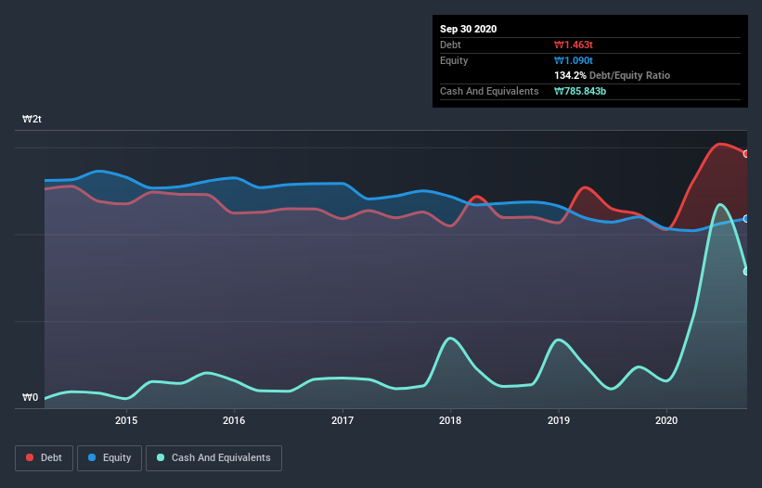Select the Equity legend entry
(110, 457)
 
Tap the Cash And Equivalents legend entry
(213, 457)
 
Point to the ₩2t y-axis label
(32, 120)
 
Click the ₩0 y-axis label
(31, 398)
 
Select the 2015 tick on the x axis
(126, 420)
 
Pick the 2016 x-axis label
(234, 420)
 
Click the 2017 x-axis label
(342, 420)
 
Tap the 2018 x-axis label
(450, 420)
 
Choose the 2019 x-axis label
(559, 420)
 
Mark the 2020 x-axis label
(666, 420)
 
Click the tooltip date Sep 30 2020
(469, 29)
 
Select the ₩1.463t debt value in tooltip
(573, 45)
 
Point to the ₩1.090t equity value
(573, 60)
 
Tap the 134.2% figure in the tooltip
(570, 75)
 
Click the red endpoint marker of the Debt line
(746, 154)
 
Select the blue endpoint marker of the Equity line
(746, 219)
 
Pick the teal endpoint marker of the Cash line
(746, 271)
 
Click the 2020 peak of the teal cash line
(719, 204)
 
